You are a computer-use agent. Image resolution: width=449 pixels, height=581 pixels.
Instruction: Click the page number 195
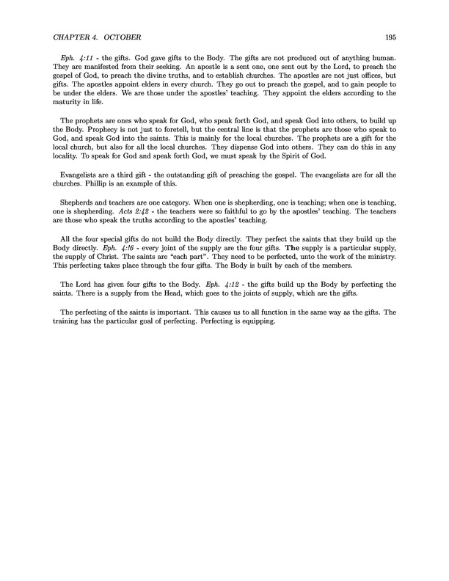390,37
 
